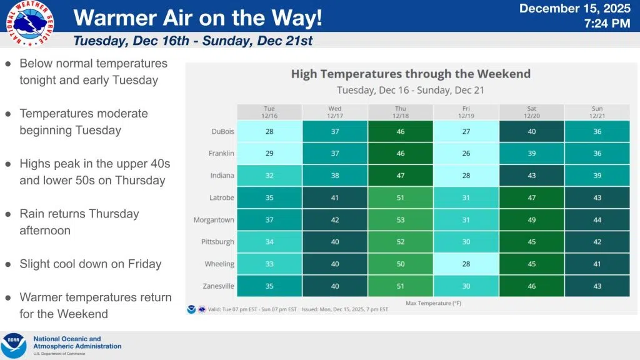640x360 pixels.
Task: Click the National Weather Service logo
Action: tap(29, 23)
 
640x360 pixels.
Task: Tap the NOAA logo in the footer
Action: tap(14, 346)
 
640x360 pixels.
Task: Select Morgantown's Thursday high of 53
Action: tap(401, 219)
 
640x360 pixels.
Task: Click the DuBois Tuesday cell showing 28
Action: tap(269, 132)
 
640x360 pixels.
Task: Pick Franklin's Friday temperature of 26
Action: tap(466, 154)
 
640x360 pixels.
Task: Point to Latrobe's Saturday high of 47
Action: tap(532, 197)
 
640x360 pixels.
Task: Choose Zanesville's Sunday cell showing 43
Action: tap(597, 286)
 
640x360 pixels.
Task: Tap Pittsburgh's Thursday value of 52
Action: tap(401, 242)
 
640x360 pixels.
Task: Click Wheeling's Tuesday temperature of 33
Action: tap(269, 264)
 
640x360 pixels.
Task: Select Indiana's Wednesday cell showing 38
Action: tap(335, 176)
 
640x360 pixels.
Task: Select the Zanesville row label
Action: tap(218, 286)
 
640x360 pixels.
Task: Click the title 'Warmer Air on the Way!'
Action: tap(198, 18)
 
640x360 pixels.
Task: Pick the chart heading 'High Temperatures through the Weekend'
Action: tap(411, 74)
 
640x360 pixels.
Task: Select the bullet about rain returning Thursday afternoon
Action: tap(79, 222)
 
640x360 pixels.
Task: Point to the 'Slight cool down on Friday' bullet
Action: tap(90, 264)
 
